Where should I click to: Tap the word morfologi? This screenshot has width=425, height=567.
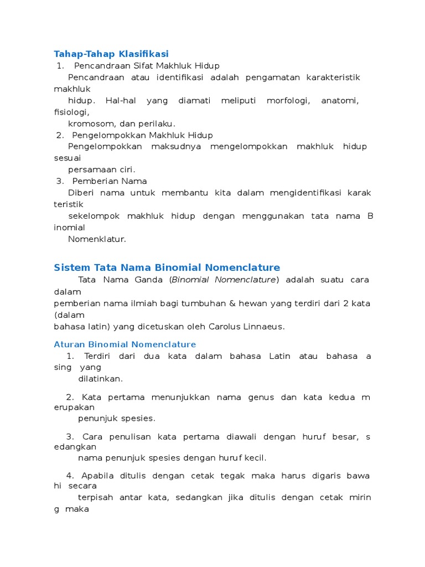288,100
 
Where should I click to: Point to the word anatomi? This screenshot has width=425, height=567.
340,100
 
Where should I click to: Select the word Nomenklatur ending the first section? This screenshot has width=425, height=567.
97,239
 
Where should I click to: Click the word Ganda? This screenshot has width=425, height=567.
149,280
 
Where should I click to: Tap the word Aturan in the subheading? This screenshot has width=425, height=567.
68,344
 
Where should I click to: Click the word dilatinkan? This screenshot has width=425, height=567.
100,379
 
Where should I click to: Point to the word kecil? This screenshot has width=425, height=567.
255,457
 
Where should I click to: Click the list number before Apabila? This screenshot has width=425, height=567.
70,476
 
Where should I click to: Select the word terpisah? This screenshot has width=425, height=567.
95,497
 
